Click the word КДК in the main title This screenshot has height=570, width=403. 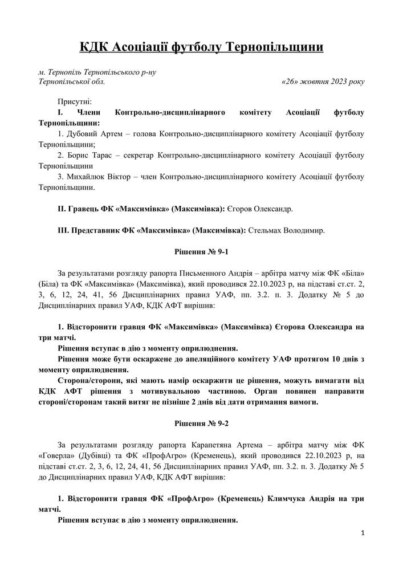pos(93,47)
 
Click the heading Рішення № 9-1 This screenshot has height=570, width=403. pos(201,251)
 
